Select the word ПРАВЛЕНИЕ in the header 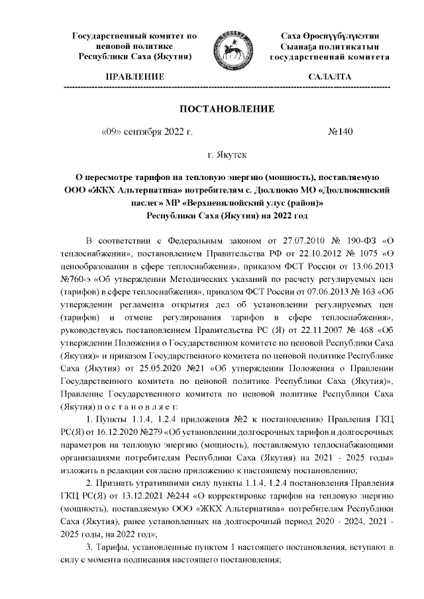134,77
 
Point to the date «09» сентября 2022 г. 146,132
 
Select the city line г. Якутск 227,156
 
